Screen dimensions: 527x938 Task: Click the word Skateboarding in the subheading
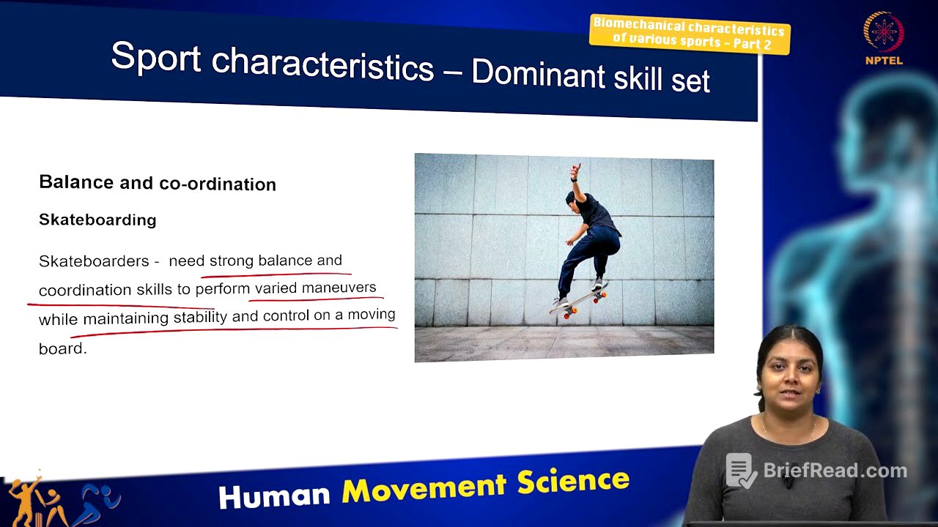tap(97, 220)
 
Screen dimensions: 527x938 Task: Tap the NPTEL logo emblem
tap(883, 32)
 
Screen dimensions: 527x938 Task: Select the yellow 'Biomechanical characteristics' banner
tap(689, 34)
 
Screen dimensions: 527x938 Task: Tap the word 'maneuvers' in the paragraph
tap(339, 288)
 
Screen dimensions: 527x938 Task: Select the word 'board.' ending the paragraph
tap(62, 348)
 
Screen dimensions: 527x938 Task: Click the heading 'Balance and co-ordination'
tap(158, 182)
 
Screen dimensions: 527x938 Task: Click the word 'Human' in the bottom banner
tap(275, 496)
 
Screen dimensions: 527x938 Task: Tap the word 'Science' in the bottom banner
tap(572, 481)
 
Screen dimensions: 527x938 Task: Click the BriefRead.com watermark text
tap(835, 471)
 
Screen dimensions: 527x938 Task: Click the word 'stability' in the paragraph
tap(199, 318)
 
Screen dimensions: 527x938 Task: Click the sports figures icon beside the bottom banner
tap(62, 501)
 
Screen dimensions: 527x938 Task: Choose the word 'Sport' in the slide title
tap(155, 57)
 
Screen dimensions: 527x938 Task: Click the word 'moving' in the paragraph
tap(371, 315)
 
